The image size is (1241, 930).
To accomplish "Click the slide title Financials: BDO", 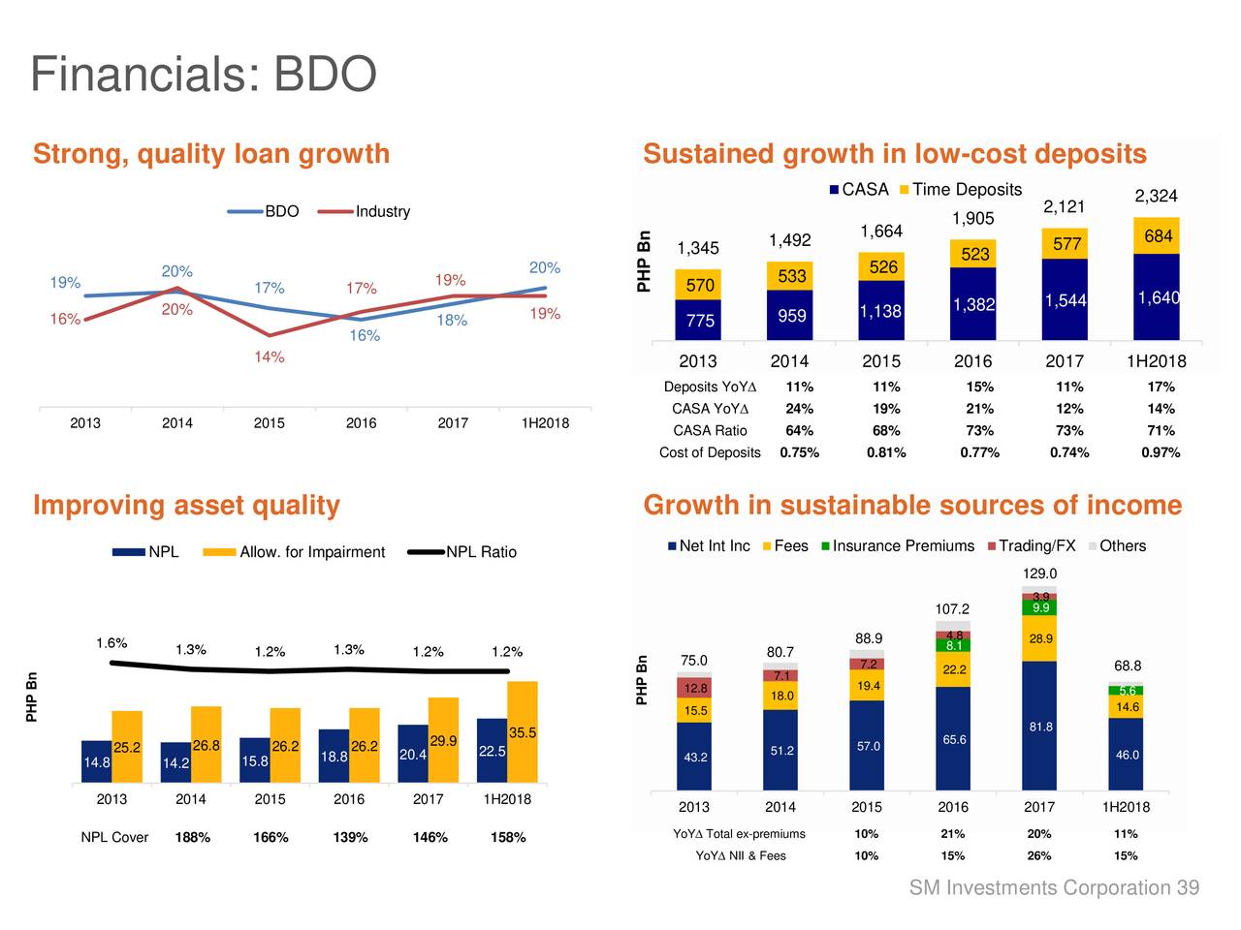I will pos(203,75).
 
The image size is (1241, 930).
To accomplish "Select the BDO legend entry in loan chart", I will pos(280,211).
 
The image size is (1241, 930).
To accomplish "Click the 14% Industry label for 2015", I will pos(270,357).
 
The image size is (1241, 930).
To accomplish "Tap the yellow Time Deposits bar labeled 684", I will pos(1157,236).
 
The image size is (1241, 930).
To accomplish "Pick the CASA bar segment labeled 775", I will pos(699,321).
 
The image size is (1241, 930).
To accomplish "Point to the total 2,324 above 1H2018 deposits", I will pos(1156,197).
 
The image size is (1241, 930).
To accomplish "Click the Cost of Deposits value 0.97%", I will pos(1161,452).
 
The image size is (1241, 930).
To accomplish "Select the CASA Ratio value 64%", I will pos(799,430).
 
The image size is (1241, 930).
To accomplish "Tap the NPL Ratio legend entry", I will pos(480,552).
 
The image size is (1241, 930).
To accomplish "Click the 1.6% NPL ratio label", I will pos(111,643).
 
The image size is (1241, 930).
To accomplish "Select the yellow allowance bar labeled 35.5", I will pos(523,732).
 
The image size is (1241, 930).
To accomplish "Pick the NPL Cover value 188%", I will pos(193,837).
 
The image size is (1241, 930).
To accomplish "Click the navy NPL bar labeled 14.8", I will pos(96,762).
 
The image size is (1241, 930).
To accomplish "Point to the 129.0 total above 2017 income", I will pos(1039,573).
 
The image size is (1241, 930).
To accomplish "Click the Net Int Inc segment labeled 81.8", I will pos(1040,727).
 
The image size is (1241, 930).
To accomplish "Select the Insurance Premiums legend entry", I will pos(902,546).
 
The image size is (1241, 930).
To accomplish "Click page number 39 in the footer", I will pos(1188,888).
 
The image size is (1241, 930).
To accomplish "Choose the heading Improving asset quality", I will pos(186,506).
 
